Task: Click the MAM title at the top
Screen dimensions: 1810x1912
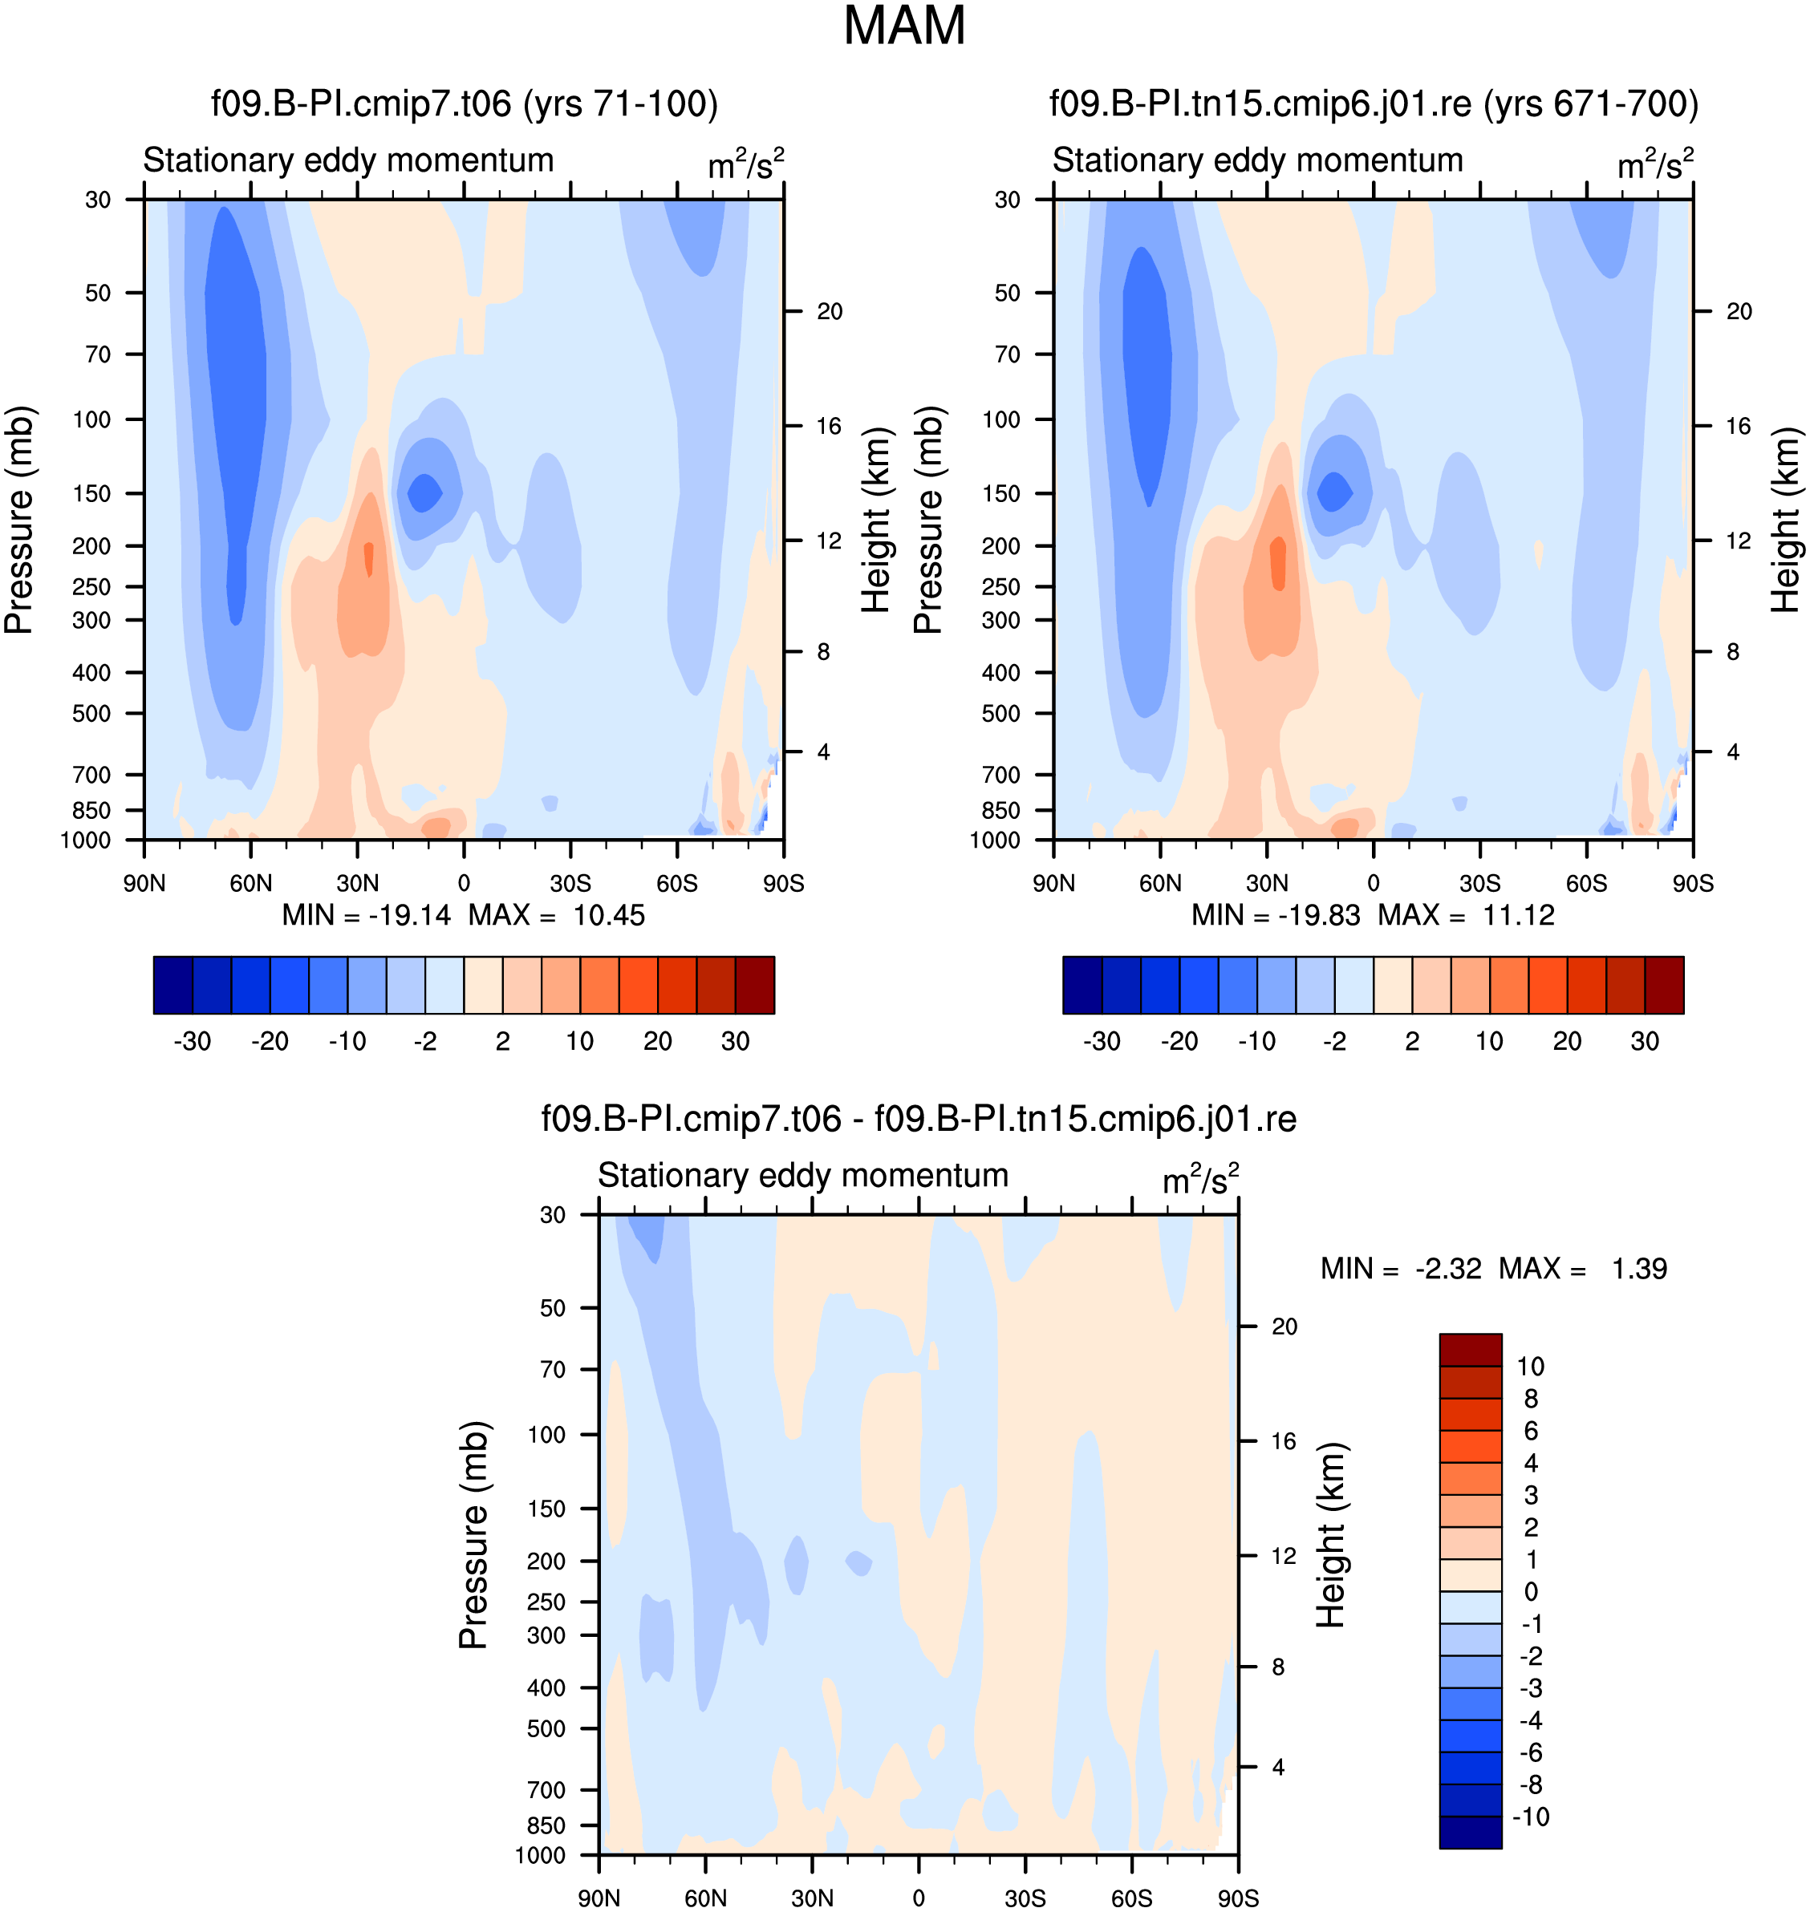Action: point(904,26)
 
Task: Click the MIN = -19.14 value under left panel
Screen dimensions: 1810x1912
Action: point(366,914)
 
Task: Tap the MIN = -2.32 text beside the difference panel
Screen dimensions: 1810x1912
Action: point(1401,1269)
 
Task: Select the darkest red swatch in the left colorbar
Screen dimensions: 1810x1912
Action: point(754,985)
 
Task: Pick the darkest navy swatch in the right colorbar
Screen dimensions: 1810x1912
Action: point(1082,985)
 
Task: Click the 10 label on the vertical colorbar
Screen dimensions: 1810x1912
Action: point(1530,1366)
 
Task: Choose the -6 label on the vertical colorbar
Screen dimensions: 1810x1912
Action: point(1530,1752)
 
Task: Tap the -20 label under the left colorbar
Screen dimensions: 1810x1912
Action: point(270,1041)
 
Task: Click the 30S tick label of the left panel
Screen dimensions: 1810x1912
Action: point(570,884)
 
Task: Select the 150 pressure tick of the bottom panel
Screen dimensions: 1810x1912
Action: point(546,1509)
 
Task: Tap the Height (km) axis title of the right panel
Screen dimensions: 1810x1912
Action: point(1785,520)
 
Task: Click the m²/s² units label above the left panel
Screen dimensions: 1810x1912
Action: point(746,164)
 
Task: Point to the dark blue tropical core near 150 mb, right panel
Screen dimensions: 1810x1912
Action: point(1335,491)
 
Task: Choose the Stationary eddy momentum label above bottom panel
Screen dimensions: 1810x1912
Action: point(803,1175)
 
